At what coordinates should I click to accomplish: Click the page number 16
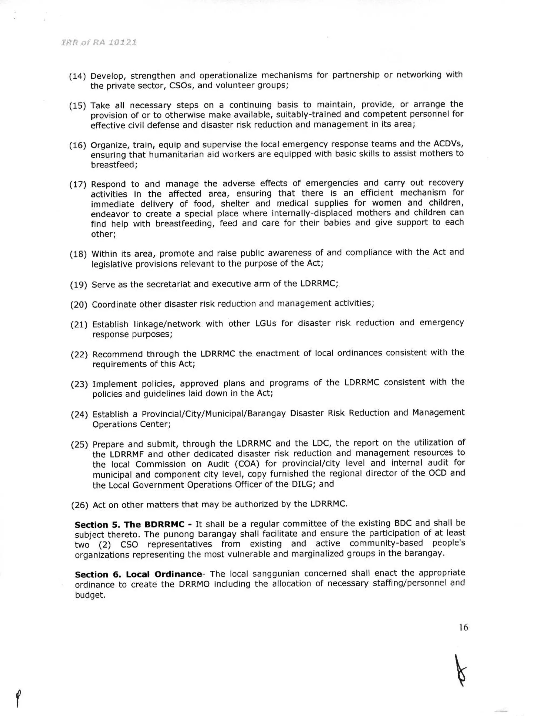pyautogui.click(x=463, y=627)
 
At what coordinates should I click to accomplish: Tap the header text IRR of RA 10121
pyautogui.click(x=99, y=43)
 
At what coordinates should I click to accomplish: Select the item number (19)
pyautogui.click(x=78, y=285)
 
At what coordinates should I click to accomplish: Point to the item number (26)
pyautogui.click(x=79, y=505)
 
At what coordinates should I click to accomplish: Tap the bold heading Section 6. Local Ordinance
pyautogui.click(x=138, y=574)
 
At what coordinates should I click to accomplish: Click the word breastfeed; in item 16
pyautogui.click(x=114, y=165)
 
